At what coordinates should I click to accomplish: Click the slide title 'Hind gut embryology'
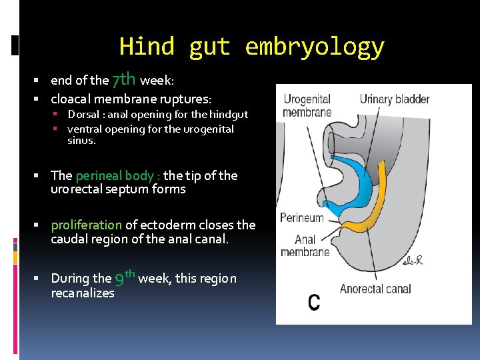251,47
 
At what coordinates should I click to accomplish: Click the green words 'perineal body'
114,176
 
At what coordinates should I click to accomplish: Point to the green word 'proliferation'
87,225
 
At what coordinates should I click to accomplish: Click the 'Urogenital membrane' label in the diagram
307,105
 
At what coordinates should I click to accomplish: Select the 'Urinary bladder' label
394,99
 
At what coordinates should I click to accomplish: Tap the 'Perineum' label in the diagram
301,218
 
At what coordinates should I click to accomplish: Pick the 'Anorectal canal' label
375,289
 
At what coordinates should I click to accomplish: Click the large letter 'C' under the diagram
313,302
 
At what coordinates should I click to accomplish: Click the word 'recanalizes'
83,293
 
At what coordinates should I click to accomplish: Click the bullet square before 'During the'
43,279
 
